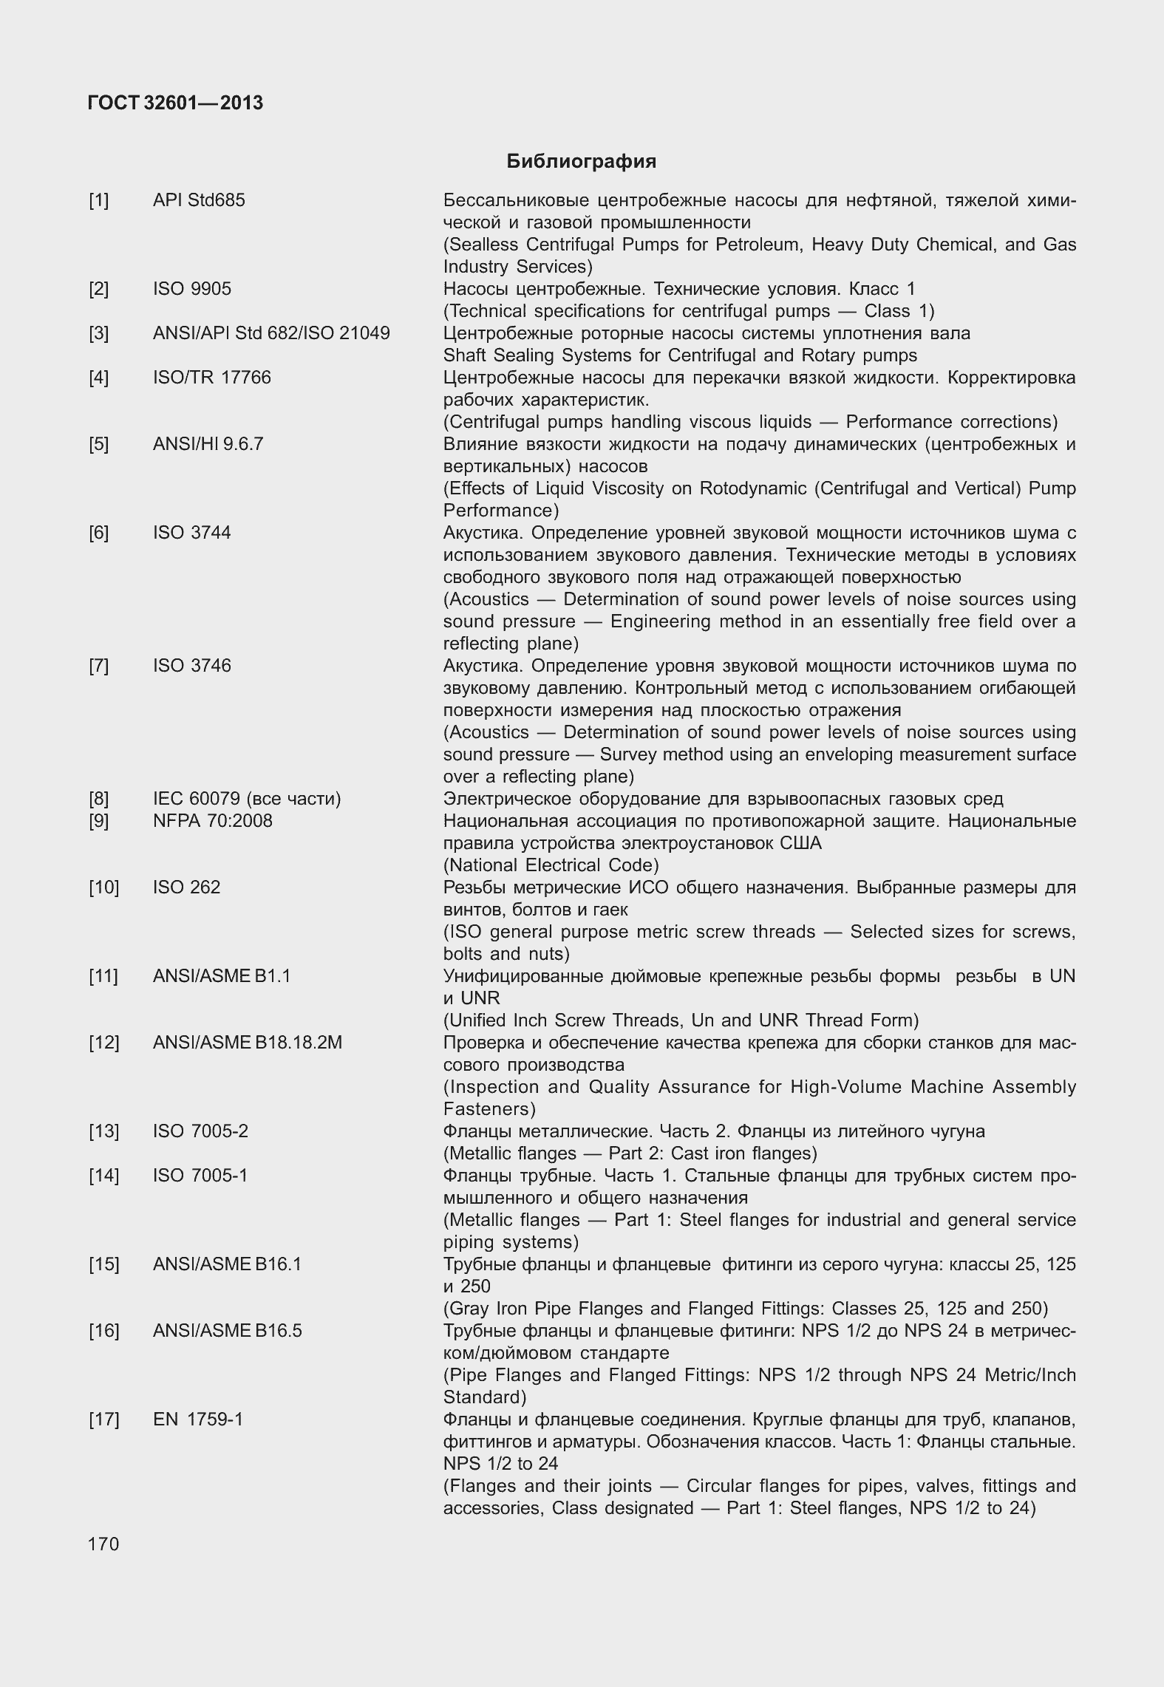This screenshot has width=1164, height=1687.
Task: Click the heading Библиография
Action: [581, 161]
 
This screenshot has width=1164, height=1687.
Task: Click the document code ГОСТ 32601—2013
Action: [175, 103]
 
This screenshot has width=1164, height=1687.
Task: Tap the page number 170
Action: [103, 1544]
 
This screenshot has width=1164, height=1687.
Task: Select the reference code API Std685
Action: [199, 200]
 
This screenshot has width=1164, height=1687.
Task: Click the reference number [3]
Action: [98, 333]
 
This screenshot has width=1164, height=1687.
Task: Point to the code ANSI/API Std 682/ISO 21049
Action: [271, 333]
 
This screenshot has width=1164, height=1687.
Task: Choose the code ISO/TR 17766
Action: [211, 378]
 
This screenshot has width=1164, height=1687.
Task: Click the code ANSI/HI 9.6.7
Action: [208, 444]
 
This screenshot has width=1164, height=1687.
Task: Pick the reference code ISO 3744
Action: [191, 533]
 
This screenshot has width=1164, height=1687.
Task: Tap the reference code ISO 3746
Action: [191, 666]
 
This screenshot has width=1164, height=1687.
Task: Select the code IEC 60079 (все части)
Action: [247, 799]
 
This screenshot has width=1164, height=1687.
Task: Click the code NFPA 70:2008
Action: [212, 821]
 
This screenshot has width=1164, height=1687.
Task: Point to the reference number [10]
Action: [103, 887]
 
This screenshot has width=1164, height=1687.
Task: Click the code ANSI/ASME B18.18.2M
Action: [247, 1043]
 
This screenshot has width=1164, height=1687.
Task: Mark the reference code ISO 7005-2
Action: [200, 1131]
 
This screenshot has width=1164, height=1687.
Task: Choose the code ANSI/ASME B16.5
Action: [227, 1331]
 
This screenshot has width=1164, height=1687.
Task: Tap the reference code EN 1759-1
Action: [197, 1420]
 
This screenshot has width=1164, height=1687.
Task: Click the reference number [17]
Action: [103, 1420]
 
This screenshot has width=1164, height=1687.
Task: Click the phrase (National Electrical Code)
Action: [551, 865]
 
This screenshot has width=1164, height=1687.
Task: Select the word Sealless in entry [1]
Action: [480, 245]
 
